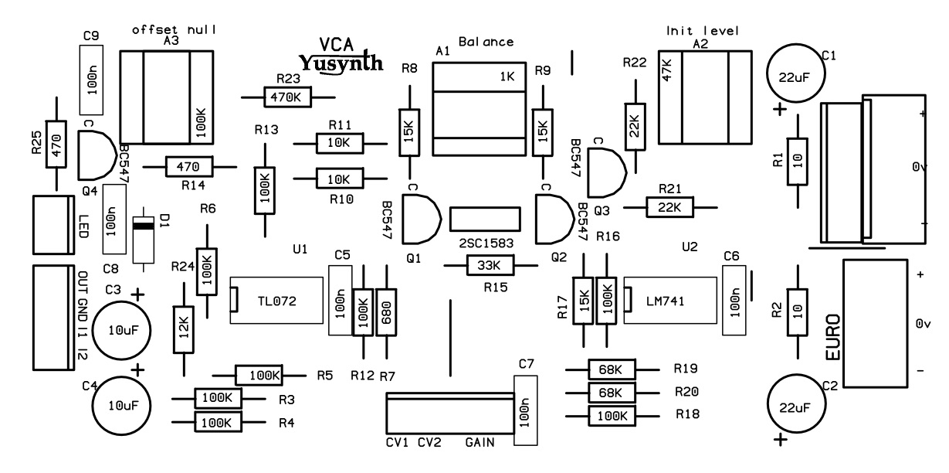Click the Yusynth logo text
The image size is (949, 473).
[341, 63]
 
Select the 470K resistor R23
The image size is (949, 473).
[288, 97]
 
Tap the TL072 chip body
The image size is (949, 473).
[276, 301]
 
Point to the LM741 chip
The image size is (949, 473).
[670, 301]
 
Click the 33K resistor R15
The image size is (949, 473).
[490, 265]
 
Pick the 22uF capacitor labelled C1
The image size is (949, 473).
[795, 73]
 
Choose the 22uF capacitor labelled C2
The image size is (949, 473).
[796, 403]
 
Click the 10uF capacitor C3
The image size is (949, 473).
[121, 331]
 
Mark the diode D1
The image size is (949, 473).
[144, 240]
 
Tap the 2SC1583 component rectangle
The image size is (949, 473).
[485, 219]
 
